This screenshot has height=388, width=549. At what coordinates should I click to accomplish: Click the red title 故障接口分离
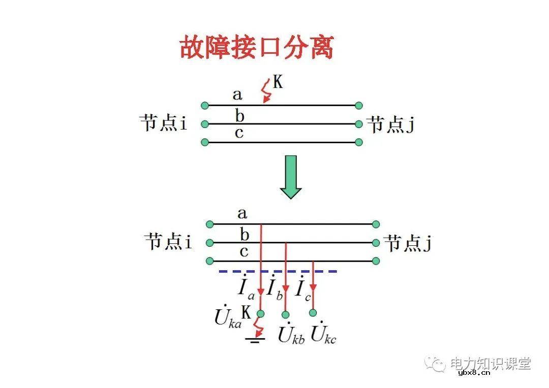[x=257, y=48]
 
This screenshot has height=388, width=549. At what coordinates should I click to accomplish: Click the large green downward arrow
[x=291, y=176]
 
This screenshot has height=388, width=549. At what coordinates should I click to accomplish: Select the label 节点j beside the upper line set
[x=390, y=124]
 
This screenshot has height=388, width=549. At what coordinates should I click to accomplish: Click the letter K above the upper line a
[x=278, y=82]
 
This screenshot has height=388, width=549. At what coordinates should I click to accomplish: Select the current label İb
[x=275, y=288]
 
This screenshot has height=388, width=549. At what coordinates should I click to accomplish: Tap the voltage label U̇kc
[x=324, y=334]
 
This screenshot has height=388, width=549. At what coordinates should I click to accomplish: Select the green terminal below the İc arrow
[x=313, y=312]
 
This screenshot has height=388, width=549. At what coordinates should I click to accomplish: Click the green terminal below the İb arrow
[x=286, y=314]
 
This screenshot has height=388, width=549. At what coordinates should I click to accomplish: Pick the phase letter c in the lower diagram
[x=244, y=251]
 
